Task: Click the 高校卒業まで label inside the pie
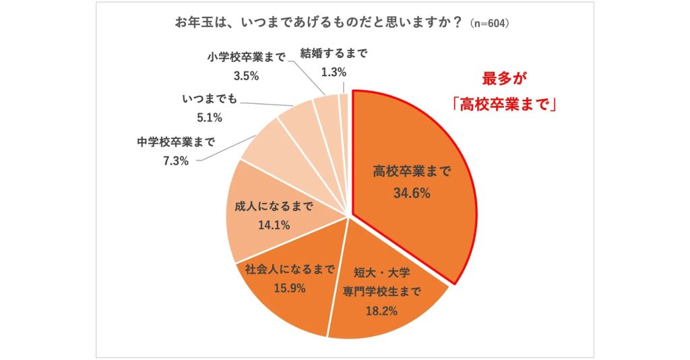click(x=412, y=172)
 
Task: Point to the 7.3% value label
click(x=175, y=160)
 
